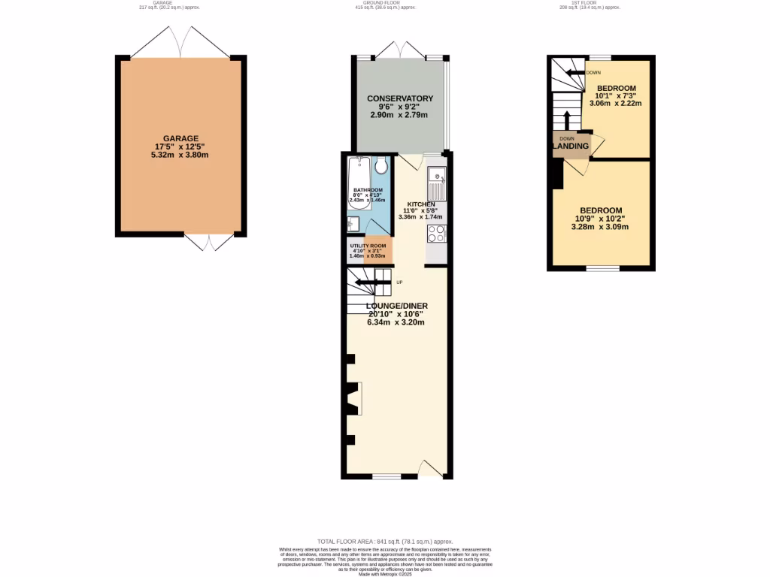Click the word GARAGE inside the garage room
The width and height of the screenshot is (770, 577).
(x=181, y=138)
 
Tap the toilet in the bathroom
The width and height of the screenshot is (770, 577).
(x=381, y=165)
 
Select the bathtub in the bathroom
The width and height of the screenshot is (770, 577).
(x=357, y=174)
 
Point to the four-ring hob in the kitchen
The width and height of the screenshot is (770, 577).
(x=436, y=234)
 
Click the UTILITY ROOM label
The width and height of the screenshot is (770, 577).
(x=368, y=246)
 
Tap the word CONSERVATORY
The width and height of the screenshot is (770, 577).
(x=399, y=98)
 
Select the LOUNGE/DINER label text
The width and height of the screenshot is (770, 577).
(x=396, y=306)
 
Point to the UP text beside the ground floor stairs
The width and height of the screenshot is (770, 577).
(x=399, y=282)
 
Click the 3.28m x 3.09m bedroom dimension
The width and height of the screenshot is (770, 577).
(x=600, y=227)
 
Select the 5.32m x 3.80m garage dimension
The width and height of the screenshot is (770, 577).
(x=181, y=155)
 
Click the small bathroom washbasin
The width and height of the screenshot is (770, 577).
(x=352, y=224)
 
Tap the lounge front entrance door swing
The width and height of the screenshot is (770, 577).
(x=431, y=470)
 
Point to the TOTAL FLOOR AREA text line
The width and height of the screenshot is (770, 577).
(x=385, y=541)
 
